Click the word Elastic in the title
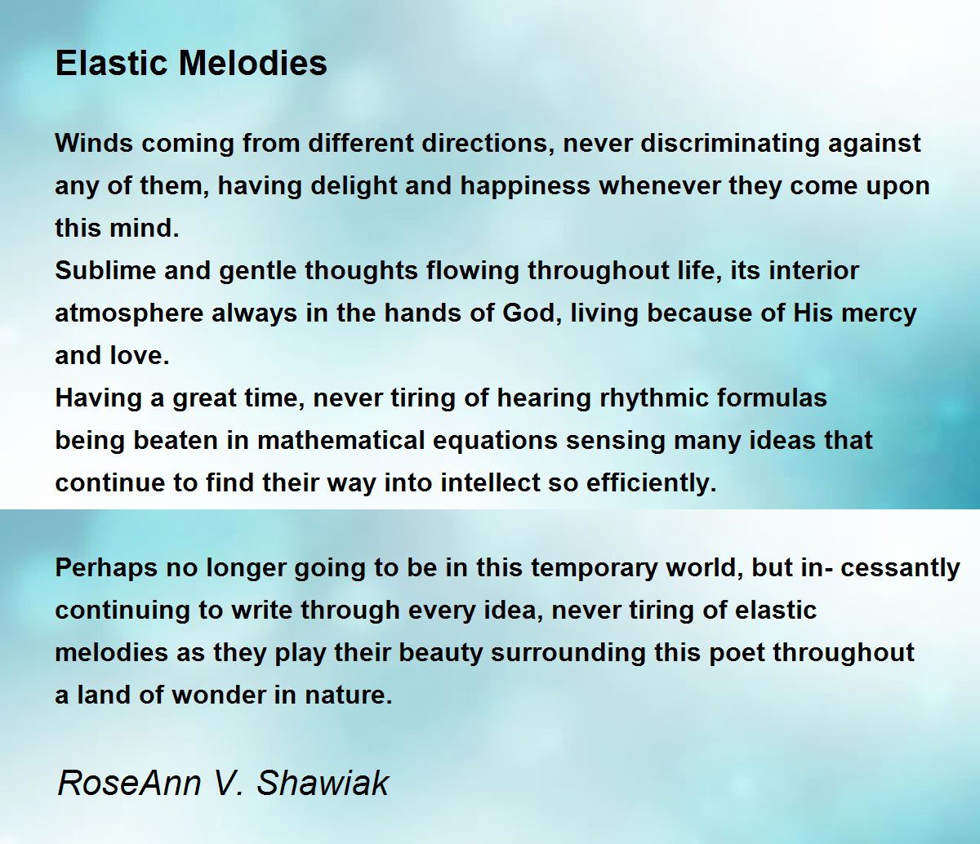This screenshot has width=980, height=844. pyautogui.click(x=111, y=63)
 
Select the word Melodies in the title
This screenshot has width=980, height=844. pyautogui.click(x=252, y=63)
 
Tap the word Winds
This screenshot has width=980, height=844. pyautogui.click(x=94, y=143)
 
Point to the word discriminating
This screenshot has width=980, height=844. pyautogui.click(x=729, y=143)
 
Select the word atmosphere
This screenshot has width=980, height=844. pyautogui.click(x=129, y=314)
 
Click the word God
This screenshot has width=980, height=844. pyautogui.click(x=529, y=313)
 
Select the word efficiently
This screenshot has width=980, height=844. pyautogui.click(x=652, y=483)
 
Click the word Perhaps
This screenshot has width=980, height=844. pyautogui.click(x=106, y=568)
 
